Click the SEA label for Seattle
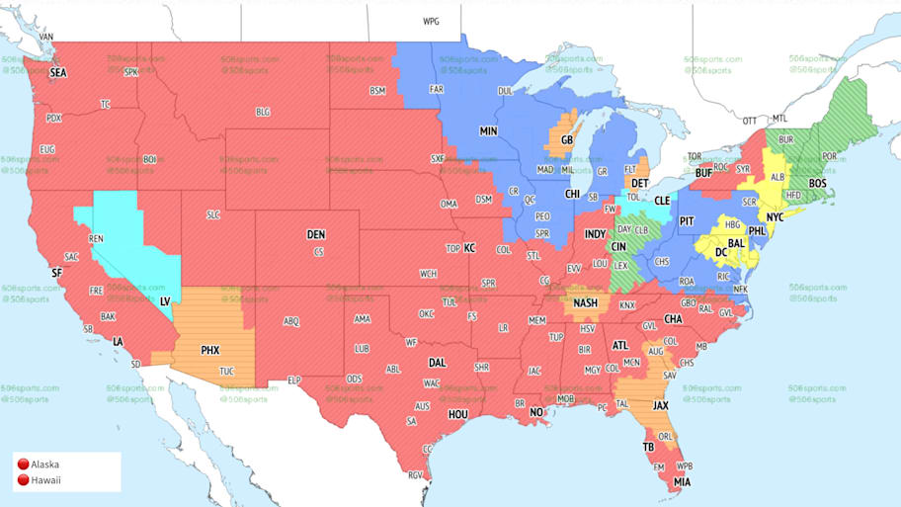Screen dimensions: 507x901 coord(58,73)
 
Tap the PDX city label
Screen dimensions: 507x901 coord(53,118)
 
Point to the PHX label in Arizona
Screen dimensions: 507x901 coord(209,350)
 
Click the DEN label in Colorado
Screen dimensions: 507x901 coord(315,235)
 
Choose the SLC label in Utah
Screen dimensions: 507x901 coord(212,214)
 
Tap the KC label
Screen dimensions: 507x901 coord(469,248)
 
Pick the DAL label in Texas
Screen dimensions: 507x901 coord(437,363)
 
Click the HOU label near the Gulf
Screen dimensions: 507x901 coord(456,414)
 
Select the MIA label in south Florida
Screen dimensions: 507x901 coord(682,481)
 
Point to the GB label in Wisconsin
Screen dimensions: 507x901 coord(566,140)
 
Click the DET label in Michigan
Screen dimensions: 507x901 coord(640,183)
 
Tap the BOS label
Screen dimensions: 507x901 coord(817,184)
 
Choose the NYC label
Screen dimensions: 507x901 coord(776,216)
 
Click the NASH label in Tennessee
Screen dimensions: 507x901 coord(586,302)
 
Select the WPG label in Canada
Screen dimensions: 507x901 coord(431,21)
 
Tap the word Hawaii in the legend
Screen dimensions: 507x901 coord(45,480)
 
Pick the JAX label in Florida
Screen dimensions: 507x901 coord(661,405)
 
